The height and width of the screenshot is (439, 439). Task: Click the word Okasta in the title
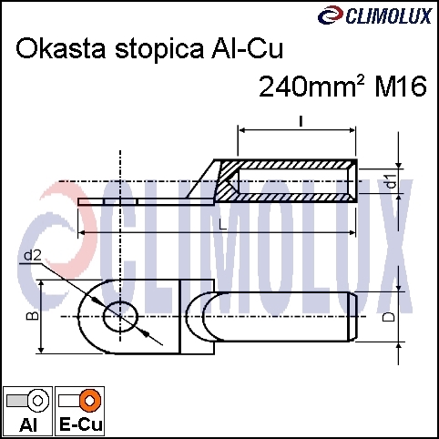coord(61,48)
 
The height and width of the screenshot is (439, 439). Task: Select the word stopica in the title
coord(159,50)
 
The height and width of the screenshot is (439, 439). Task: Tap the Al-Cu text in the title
coord(248,48)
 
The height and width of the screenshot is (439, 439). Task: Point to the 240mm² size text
coord(311,87)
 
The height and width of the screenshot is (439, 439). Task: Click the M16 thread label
coord(401,87)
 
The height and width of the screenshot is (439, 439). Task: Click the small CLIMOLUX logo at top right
coord(375,15)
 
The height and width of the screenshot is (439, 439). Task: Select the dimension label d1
coord(393,181)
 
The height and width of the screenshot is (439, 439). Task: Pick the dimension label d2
coord(33,256)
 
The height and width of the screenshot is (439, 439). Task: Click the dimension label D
coord(389,317)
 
